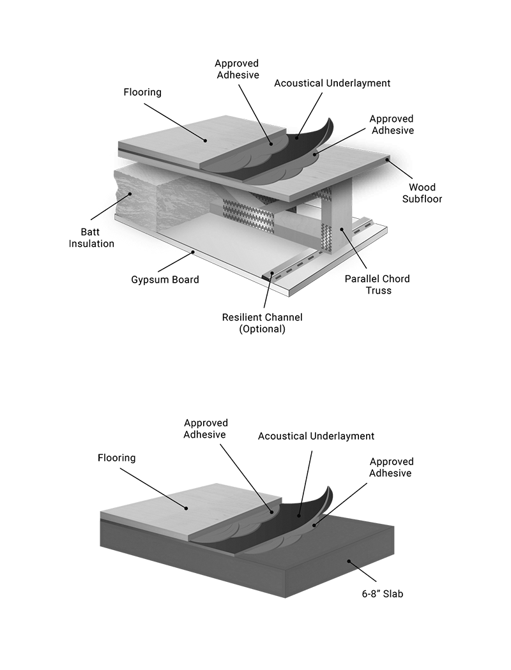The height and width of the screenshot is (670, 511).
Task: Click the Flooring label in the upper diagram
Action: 142,92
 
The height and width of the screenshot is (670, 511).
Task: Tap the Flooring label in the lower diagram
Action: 117,458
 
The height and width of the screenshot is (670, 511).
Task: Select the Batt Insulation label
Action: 91,237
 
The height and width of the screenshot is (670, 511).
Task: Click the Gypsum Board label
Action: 165,279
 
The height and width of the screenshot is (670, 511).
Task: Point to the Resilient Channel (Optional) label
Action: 262,323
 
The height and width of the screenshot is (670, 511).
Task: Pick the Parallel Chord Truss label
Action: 377,285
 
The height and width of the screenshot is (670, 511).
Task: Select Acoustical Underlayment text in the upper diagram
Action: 332,83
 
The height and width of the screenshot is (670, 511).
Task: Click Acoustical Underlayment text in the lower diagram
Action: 316,436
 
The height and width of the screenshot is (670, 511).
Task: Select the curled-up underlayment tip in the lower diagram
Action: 328,495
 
